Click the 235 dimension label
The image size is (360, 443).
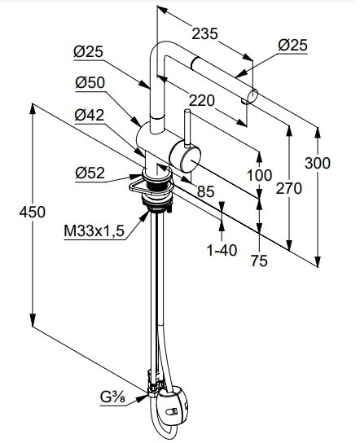pos(204,33)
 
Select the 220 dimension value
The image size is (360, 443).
pos(201,100)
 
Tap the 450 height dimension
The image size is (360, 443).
pos(33,212)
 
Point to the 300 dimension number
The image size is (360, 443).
pos(318,163)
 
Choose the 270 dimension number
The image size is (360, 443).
pos(289,188)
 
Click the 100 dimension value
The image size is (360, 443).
pos(259,175)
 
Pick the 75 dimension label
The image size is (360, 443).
pos(259,261)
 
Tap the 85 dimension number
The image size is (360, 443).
pos(205,191)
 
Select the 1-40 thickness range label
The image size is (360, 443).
pos(222,250)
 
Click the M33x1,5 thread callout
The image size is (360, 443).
pos(94,231)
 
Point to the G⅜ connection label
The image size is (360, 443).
pos(112,397)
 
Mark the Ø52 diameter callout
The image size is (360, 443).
pos(90,173)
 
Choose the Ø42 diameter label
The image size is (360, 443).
pos(90,115)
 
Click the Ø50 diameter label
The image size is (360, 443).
pos(90,82)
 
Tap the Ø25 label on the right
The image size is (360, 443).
pos(292,46)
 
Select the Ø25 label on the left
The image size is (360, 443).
pos(89,51)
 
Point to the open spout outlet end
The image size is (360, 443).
pos(253,95)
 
